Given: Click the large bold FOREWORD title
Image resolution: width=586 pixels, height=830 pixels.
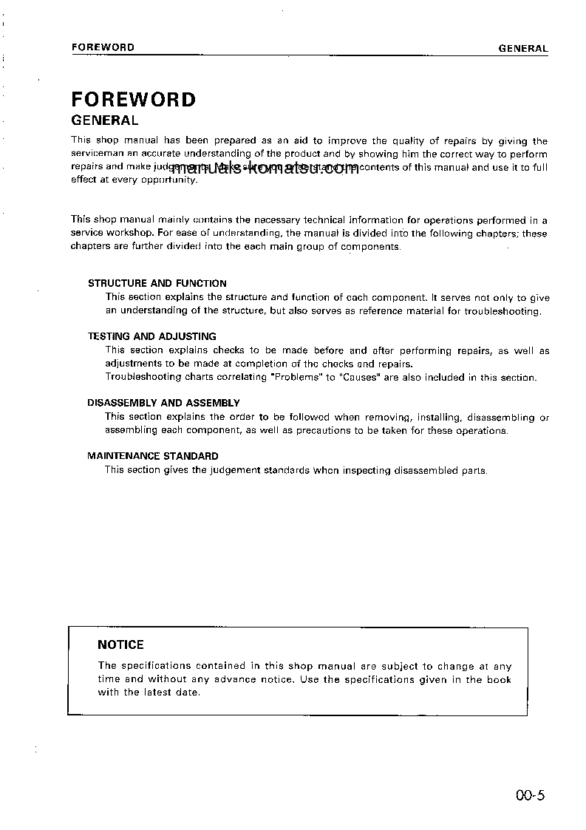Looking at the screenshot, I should coord(133,100).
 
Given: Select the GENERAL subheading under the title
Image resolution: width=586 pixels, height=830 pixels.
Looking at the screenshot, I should coord(104,120).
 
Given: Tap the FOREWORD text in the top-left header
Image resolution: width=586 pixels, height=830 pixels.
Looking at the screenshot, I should coord(103,47).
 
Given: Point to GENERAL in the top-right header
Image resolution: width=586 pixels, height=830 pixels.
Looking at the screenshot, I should coord(523,49).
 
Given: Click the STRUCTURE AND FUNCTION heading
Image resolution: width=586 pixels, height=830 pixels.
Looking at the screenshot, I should coord(157,283).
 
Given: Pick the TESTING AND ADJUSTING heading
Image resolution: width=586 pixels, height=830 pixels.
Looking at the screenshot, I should coord(152,336).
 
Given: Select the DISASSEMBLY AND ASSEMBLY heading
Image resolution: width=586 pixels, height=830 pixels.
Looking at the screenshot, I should coord(163,403).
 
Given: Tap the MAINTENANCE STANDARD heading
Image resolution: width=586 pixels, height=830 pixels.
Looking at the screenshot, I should coord(153,456).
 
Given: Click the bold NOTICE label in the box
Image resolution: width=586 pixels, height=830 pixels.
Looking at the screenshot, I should coord(120,644).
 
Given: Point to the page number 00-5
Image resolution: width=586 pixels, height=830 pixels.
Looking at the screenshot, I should coord(531,796).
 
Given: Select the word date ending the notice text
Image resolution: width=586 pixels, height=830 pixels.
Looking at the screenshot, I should coord(189,693).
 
